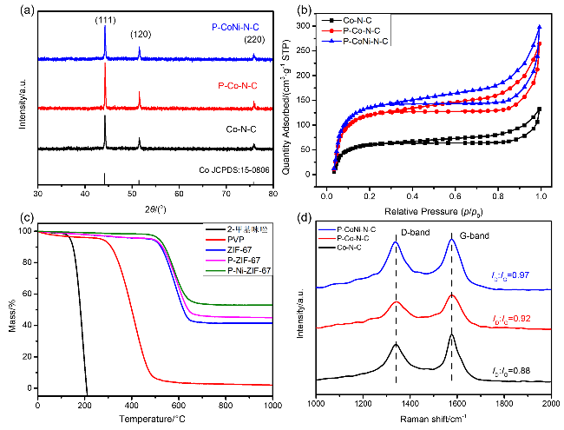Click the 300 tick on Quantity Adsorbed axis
pyautogui.click(x=311, y=26)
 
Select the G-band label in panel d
pyautogui.click(x=464, y=233)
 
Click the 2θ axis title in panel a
pyautogui.click(x=156, y=208)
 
